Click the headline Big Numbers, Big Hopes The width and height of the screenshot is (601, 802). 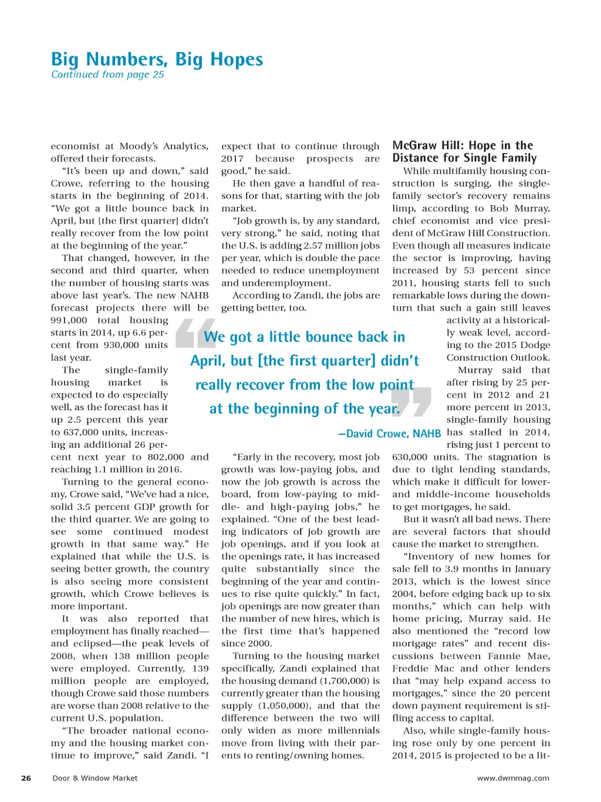(157, 59)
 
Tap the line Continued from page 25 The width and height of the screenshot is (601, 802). (107, 75)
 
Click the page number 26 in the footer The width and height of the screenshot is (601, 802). (26, 778)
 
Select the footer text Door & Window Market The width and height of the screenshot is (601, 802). (95, 778)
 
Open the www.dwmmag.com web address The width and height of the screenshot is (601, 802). (513, 778)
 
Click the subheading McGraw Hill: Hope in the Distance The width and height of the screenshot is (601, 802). (464, 152)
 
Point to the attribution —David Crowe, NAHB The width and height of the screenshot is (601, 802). (389, 434)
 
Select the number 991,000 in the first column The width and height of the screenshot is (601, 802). (69, 320)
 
